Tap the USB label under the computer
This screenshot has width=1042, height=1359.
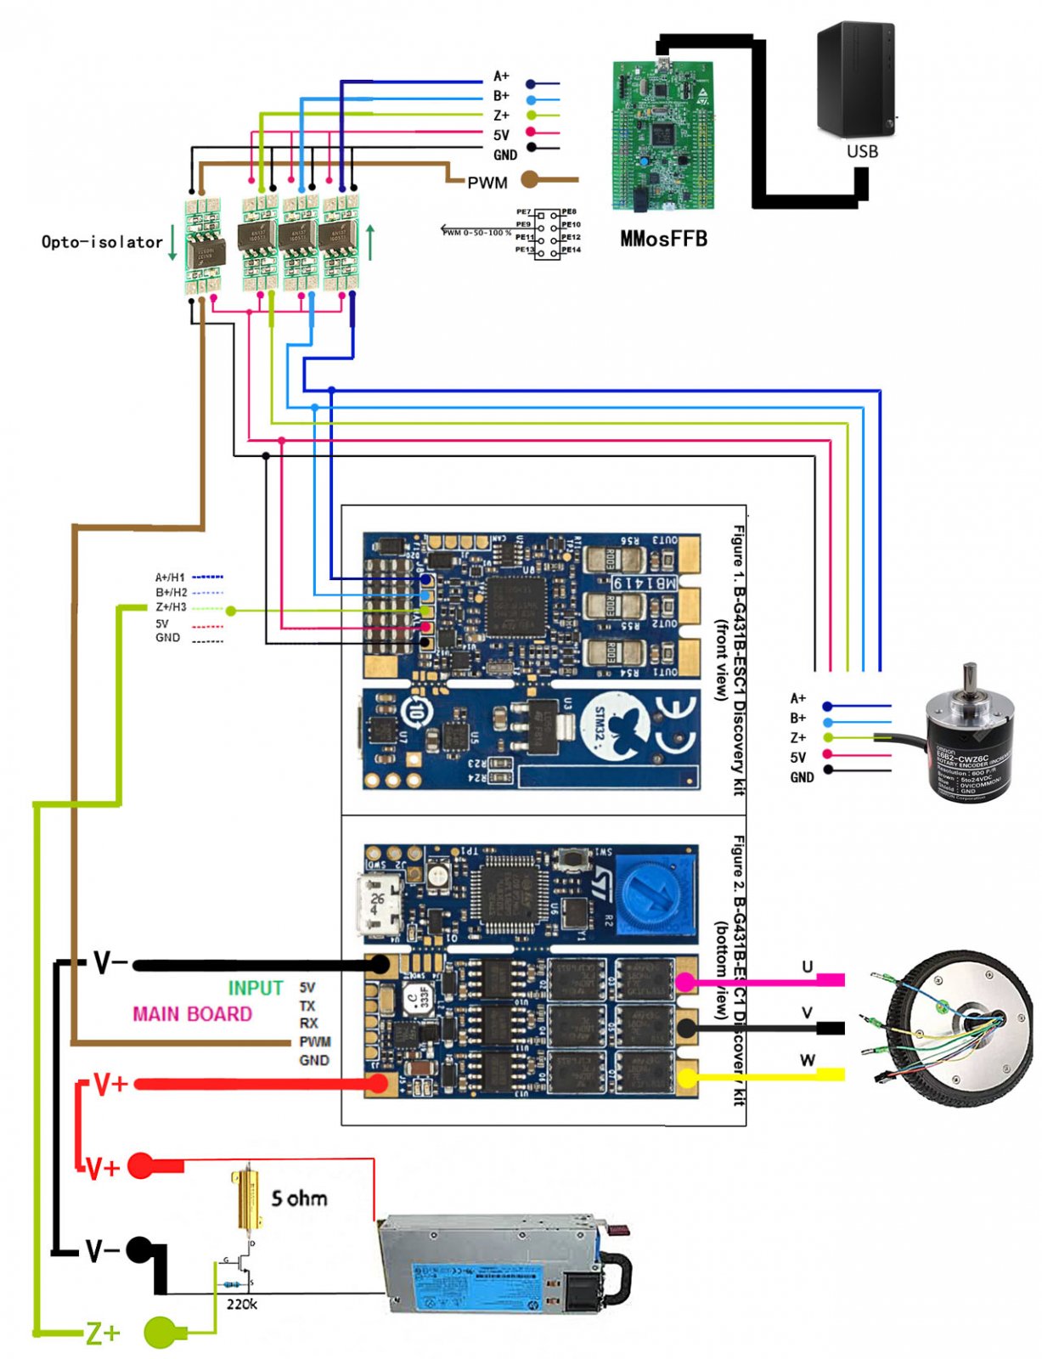(862, 151)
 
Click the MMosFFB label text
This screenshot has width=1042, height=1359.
(663, 239)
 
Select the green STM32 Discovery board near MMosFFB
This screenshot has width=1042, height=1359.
(663, 136)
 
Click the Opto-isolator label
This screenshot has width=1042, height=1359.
(102, 242)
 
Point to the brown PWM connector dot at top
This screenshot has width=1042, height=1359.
(529, 179)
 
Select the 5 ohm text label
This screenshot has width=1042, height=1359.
(299, 1198)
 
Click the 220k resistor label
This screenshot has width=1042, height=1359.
(241, 1304)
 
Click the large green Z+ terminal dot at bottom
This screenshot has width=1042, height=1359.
(161, 1332)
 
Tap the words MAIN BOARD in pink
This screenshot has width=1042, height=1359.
(192, 1014)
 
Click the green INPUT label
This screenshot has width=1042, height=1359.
(255, 988)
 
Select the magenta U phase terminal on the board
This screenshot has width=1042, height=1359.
(684, 983)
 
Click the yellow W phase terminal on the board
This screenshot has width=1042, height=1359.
(685, 1078)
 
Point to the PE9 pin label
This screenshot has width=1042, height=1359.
(523, 224)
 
